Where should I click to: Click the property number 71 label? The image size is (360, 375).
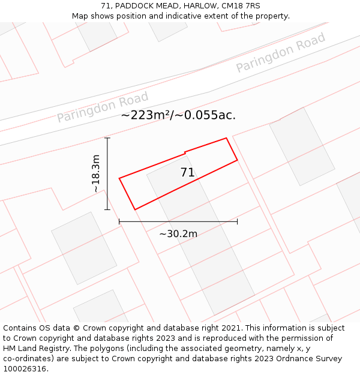(188, 173)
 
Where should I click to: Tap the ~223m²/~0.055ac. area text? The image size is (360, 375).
(178, 115)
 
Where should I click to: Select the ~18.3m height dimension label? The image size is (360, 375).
(96, 173)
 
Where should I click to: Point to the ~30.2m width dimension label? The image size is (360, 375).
(178, 233)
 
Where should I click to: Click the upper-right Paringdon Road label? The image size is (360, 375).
(280, 53)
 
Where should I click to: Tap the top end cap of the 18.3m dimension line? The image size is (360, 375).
(107, 138)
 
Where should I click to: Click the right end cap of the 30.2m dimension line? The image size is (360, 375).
(238, 221)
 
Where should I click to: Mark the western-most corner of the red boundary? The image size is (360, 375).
(119, 178)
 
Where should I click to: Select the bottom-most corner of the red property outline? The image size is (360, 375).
(135, 209)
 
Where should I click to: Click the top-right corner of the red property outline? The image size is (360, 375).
(226, 138)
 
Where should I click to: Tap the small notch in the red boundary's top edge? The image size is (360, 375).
(185, 152)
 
